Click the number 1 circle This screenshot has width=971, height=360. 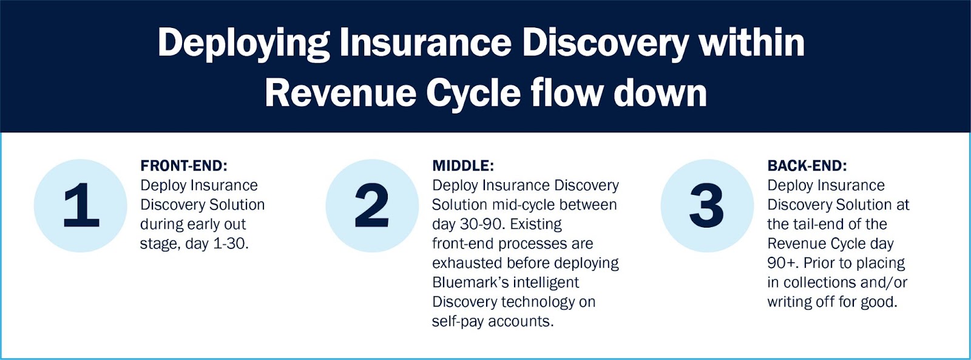point(81,206)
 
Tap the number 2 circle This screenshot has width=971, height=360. point(373,206)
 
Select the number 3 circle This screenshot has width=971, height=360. point(708,206)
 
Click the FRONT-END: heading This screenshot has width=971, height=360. point(184,166)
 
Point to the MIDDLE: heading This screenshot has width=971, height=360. point(463,166)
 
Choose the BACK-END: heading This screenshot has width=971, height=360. point(807,166)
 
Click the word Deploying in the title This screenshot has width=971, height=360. point(243,44)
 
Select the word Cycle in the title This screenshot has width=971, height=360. point(473,94)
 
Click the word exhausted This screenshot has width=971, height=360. point(467,263)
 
